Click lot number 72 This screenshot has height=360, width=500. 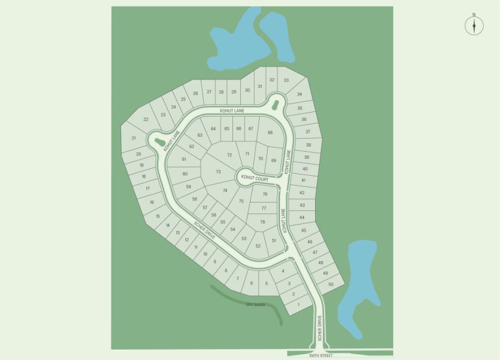229,155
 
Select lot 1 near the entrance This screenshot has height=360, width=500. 299,305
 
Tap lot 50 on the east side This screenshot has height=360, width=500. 331,284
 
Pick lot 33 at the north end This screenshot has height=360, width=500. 286,80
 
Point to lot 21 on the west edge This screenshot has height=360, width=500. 133,138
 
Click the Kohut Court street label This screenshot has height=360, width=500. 255,177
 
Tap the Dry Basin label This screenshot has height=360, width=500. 255,304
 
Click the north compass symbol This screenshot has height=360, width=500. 474,25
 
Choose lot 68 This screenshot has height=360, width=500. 270,132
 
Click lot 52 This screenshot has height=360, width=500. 258,245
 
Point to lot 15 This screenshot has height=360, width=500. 158,216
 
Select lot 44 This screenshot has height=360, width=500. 302,217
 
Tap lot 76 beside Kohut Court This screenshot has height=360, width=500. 265,194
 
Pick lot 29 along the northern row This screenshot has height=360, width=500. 234,92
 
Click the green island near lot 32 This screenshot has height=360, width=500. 275,104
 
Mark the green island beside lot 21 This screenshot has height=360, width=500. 160,141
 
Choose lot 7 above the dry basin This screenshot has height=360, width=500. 237,278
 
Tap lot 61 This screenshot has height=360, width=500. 184,159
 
